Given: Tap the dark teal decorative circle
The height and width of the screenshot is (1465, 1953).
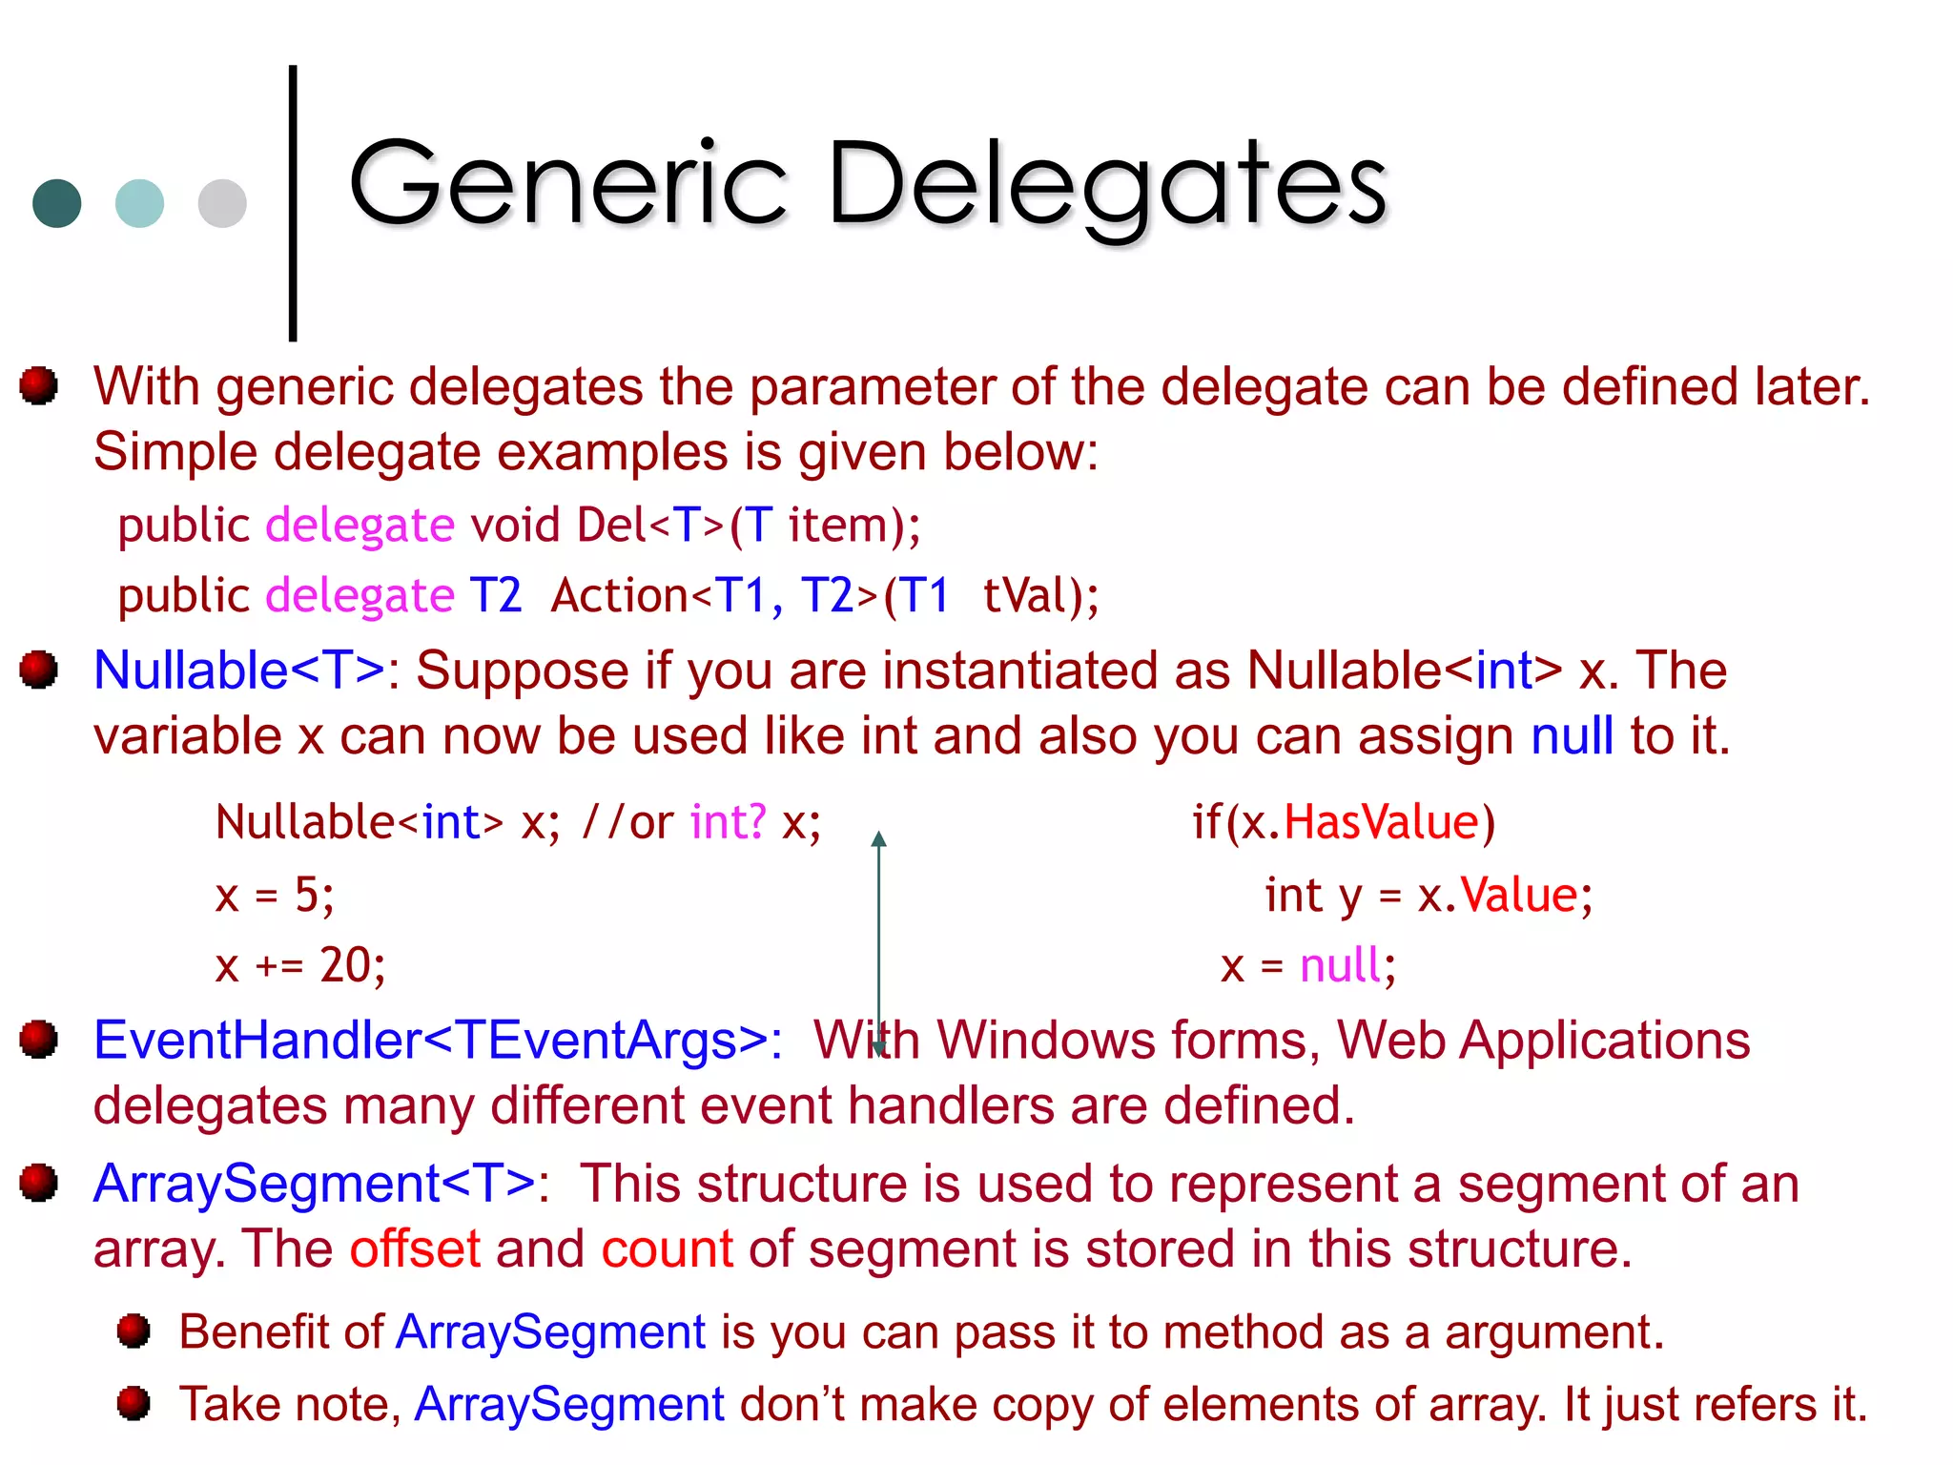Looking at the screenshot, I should [x=57, y=203].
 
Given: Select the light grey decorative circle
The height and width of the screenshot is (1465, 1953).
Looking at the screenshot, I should [x=222, y=203].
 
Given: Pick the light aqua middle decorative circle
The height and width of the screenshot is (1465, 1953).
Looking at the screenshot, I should [x=139, y=203].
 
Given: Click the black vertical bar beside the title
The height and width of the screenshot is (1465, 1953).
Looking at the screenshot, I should [x=293, y=202].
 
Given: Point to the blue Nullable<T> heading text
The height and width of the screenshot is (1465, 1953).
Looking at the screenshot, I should [x=239, y=671].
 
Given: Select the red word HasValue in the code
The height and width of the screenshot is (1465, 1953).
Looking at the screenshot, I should [x=1381, y=822].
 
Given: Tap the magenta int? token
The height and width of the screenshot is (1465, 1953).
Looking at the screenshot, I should [x=728, y=822].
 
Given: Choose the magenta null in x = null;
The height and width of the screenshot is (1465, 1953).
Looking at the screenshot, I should [x=1340, y=965].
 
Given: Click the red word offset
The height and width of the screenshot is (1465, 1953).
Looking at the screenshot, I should [x=415, y=1248].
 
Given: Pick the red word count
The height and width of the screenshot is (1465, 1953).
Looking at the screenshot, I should [x=667, y=1248].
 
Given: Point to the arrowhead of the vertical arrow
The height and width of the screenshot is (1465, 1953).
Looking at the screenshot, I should [x=879, y=839].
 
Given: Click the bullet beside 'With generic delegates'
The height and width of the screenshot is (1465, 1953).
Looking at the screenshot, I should [x=39, y=385].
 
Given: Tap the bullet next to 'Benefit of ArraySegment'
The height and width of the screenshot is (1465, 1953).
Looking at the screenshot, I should [x=134, y=1331].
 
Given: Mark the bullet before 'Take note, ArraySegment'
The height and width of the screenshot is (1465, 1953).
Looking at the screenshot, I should [x=134, y=1403].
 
